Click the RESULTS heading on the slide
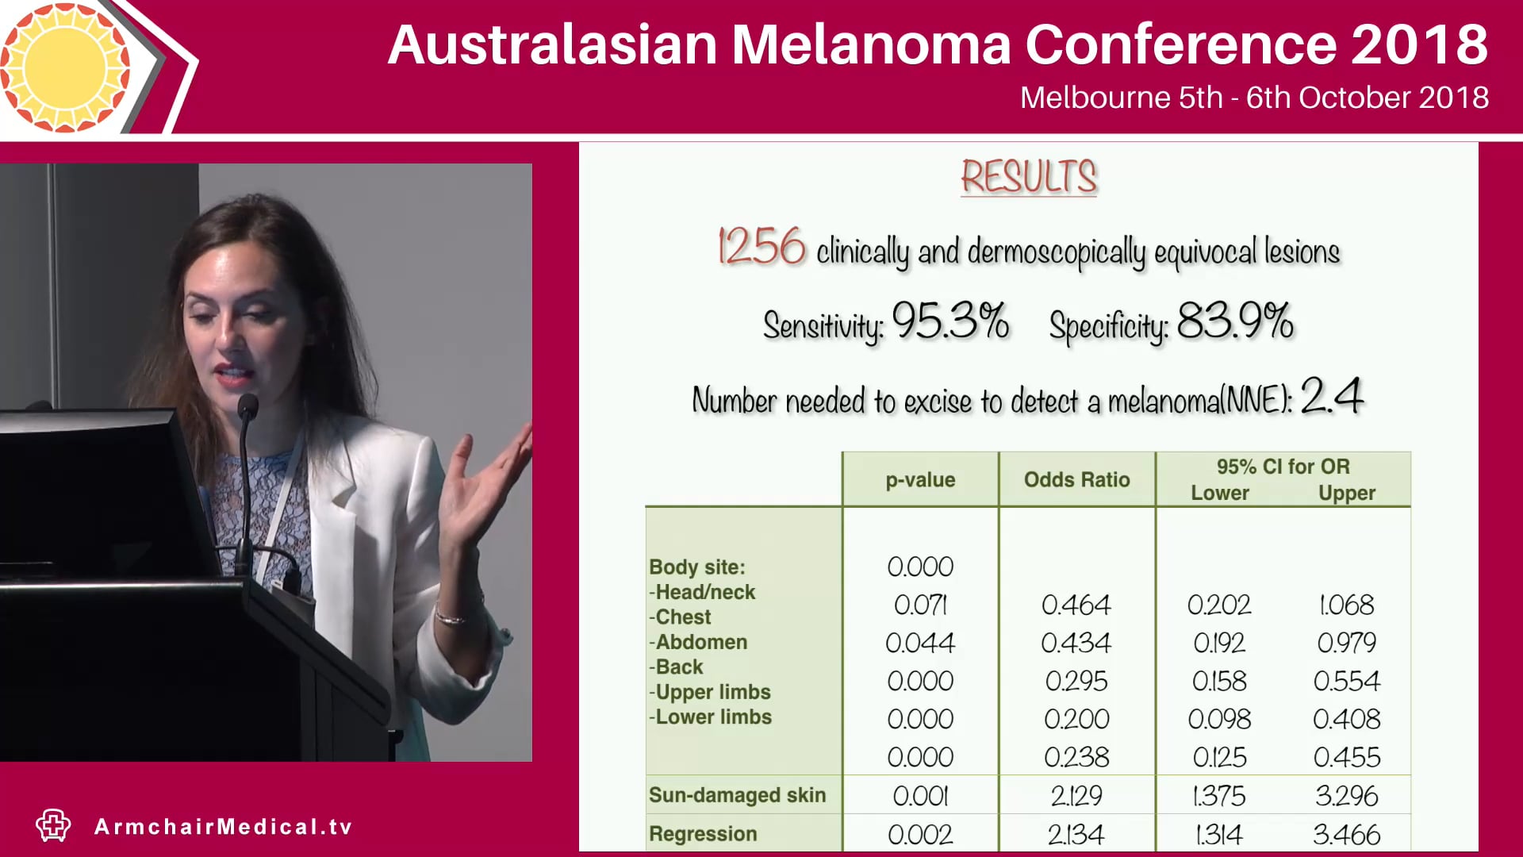[x=1029, y=176]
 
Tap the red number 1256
[x=761, y=247]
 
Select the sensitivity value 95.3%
[x=950, y=321]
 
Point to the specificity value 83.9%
[x=1235, y=321]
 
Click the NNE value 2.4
[x=1332, y=396]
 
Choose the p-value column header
[x=920, y=479]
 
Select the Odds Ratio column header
[x=1076, y=479]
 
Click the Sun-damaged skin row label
[x=737, y=795]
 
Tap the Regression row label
[x=703, y=834]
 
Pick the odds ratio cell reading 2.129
[x=1076, y=796]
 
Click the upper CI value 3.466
[x=1347, y=835]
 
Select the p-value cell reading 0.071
[x=920, y=605]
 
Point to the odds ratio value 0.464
[x=1076, y=605]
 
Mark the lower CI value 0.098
[x=1219, y=720]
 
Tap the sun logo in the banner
[x=65, y=67]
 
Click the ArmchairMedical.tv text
[x=223, y=827]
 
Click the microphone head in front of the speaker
[x=248, y=407]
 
